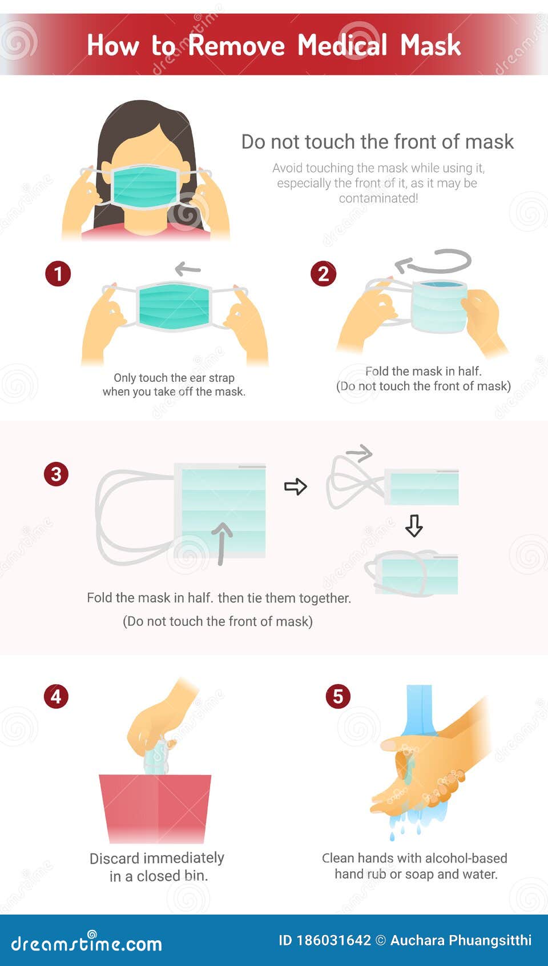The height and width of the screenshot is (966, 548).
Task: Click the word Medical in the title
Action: [342, 45]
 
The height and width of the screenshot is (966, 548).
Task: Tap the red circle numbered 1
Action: [58, 274]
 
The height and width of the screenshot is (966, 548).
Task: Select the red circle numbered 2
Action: [323, 274]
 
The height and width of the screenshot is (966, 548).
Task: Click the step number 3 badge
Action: [56, 474]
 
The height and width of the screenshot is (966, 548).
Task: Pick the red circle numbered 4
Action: [56, 696]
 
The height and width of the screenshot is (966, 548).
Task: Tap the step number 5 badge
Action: [337, 696]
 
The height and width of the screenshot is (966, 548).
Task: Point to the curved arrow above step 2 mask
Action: [434, 262]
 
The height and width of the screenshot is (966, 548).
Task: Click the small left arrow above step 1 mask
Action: [188, 268]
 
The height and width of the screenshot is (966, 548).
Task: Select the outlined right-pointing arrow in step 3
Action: [295, 486]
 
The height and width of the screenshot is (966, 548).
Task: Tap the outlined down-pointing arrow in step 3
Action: [414, 525]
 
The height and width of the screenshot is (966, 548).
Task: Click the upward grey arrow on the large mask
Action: [221, 543]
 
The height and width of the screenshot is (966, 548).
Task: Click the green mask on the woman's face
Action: [145, 186]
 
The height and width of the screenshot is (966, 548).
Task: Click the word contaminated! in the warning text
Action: [378, 198]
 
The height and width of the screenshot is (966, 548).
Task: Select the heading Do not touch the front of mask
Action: [377, 142]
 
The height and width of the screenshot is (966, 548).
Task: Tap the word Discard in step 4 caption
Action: [114, 858]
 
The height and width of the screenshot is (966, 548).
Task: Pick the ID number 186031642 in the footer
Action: [333, 940]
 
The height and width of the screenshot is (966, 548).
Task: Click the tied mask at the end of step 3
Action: [413, 574]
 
